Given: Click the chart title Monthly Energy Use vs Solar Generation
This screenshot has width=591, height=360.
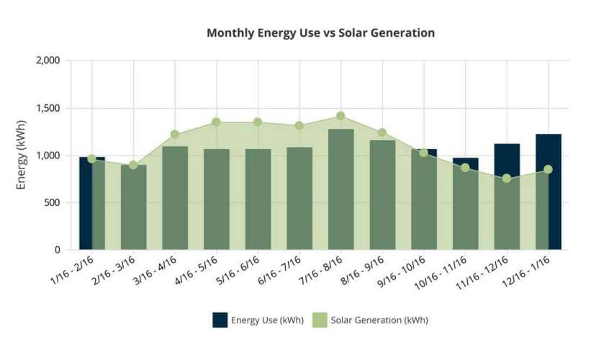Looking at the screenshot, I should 320,33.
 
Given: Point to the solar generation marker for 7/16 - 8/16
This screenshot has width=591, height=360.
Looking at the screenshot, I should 340,116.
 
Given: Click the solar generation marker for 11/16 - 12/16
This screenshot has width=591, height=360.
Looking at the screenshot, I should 507,179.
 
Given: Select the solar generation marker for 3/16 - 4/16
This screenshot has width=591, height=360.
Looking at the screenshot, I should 174,135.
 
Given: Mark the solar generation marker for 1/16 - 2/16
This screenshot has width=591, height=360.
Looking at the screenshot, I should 91,158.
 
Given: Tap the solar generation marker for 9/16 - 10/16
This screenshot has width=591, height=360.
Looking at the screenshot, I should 424,153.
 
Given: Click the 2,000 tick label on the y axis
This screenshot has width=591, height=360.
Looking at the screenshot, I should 48,60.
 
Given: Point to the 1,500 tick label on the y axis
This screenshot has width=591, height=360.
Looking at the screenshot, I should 48,108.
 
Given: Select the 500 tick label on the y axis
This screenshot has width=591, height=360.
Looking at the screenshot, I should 52,202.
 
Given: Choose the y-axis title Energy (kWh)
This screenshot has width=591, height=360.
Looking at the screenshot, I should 22,155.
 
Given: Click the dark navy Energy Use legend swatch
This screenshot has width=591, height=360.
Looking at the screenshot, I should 220,320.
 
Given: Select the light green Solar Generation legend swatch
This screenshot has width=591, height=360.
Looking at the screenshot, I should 320,320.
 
